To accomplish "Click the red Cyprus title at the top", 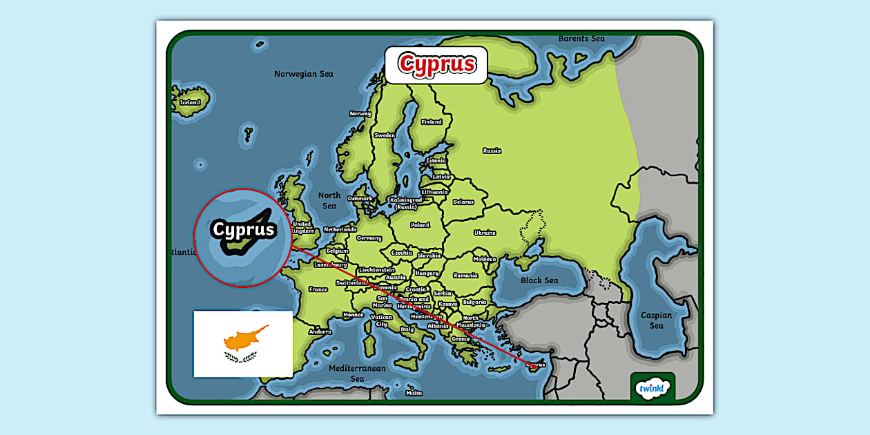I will click(x=436, y=64).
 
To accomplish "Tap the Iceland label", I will click(x=190, y=102).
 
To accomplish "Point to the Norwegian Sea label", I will click(x=304, y=74).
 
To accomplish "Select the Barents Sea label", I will click(x=581, y=39).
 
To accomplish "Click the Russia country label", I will click(x=492, y=151).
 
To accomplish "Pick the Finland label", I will click(x=432, y=122).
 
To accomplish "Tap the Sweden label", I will click(x=385, y=135).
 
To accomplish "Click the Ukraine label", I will click(x=485, y=233).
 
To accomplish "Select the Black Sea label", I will click(x=539, y=280).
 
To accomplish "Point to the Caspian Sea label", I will click(x=656, y=320).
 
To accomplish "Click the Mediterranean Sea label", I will click(x=357, y=373).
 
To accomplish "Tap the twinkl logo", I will click(x=652, y=388).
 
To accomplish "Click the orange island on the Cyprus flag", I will click(x=244, y=338).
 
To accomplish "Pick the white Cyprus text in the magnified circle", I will click(x=243, y=230).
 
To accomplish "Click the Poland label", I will click(x=420, y=225).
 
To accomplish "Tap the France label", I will click(x=318, y=289).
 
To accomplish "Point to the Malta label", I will click(x=414, y=393).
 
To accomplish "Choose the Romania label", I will click(x=465, y=275).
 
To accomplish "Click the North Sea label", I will click(x=329, y=200).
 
